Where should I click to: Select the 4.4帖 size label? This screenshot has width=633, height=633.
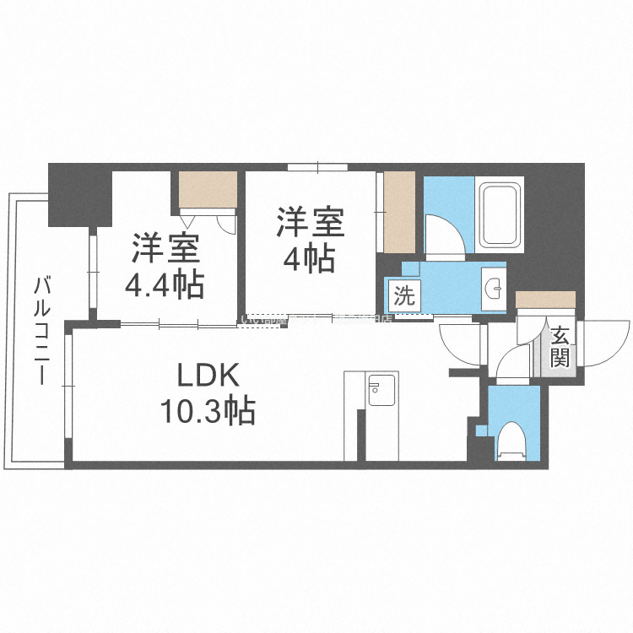pos(165,285)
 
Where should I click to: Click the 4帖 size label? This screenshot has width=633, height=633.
pos(309,258)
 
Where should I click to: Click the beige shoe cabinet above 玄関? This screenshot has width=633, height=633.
pos(545,299)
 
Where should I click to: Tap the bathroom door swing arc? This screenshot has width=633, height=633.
pos(442,232)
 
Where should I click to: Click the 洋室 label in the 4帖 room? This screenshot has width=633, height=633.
pos(309,224)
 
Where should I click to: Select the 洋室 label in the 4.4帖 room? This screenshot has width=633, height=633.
pos(165,250)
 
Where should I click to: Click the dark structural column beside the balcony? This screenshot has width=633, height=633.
pos(78,194)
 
